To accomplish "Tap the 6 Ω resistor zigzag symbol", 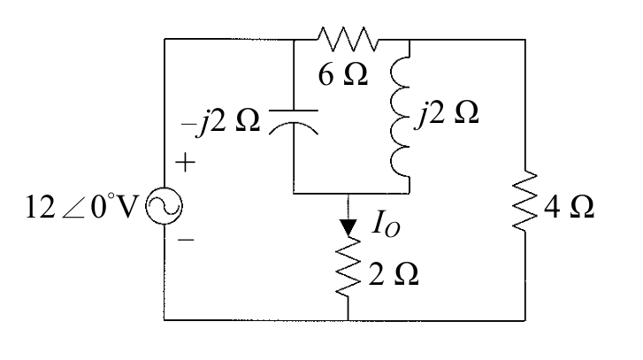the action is pos(348,40).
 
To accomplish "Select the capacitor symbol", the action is pos(294,122).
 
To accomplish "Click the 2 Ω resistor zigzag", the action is pos(348,265).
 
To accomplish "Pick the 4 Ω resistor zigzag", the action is pos(524,201).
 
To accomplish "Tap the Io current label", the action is pos(386,225).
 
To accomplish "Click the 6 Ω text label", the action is pos(343,75).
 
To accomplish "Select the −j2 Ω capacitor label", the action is pos(220,122).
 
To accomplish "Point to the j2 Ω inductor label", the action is pos(447,113).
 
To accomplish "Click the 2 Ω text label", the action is pos(394,274).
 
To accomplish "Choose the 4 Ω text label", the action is pos(570,207).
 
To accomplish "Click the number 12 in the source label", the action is pos(40,207).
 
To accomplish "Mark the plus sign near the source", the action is pos(186,163).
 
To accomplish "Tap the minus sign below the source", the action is pos(186,240).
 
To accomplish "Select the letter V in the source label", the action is pos(126,207).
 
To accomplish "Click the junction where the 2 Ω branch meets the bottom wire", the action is pos(348,320).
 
